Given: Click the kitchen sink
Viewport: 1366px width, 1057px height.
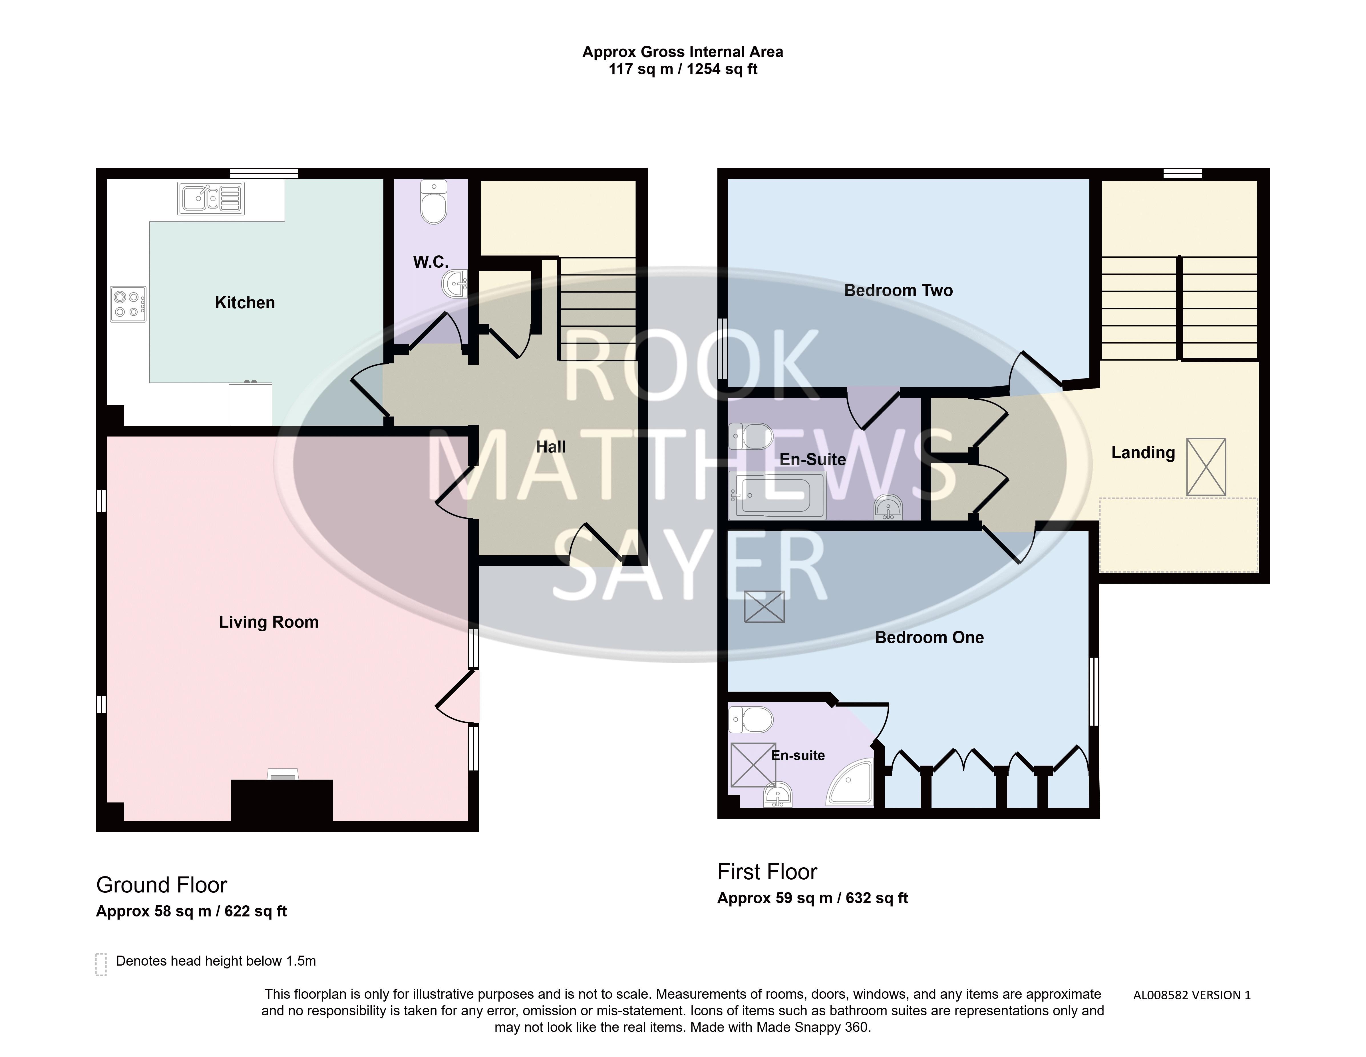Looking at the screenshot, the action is pyautogui.click(x=211, y=198).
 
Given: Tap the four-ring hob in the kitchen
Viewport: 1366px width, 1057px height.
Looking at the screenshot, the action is pyautogui.click(x=128, y=304).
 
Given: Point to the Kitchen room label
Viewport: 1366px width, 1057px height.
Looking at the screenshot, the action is pyautogui.click(x=245, y=303).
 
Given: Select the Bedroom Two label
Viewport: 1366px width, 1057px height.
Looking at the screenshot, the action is pyautogui.click(x=898, y=290).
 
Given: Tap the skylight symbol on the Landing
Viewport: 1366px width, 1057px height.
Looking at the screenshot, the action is pyautogui.click(x=1206, y=467).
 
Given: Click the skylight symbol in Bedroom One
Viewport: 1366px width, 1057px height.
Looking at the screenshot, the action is pyautogui.click(x=764, y=606).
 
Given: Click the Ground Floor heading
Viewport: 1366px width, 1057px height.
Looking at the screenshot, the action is pyautogui.click(x=161, y=885).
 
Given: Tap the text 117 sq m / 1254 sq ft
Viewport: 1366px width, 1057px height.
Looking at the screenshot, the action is pyautogui.click(x=683, y=69).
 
